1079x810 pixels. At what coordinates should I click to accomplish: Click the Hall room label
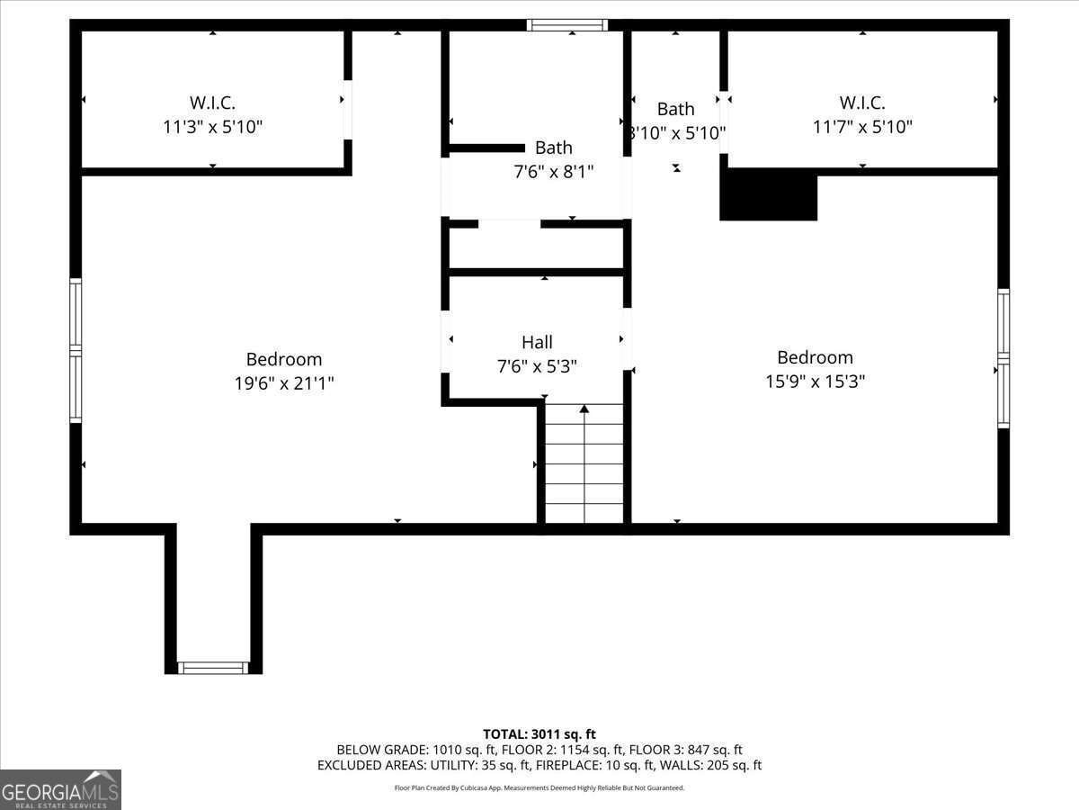(537, 342)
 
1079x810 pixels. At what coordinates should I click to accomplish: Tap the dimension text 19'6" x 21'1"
(284, 383)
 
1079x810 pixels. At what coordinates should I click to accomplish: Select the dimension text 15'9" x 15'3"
(815, 382)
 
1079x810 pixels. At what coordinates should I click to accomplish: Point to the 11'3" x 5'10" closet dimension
(212, 127)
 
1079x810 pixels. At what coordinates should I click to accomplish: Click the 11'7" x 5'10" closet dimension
(862, 127)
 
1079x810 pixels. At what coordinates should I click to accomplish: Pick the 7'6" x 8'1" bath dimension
(553, 170)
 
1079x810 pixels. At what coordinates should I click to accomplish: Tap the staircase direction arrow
(584, 410)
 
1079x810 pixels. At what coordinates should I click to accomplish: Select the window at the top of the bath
(566, 25)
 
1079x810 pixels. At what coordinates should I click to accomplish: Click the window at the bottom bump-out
(213, 668)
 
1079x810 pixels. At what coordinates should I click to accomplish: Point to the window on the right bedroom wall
(1003, 358)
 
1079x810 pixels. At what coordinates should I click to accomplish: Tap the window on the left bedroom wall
(76, 351)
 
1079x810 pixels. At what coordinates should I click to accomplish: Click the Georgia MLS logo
(60, 789)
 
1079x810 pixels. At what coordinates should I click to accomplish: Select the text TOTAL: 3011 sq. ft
(539, 734)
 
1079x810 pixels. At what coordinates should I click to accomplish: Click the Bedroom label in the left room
(284, 360)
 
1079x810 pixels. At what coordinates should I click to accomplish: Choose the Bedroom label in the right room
(815, 357)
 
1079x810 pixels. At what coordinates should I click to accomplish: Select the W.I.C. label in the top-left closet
(212, 103)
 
